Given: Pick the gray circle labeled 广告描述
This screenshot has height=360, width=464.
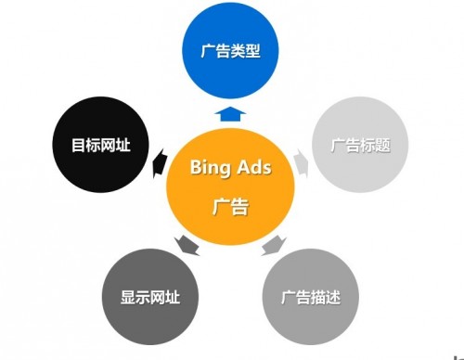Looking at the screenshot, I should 311,298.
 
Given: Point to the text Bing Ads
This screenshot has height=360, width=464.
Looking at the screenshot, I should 230,168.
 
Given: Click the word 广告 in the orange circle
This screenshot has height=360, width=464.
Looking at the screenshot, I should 230,207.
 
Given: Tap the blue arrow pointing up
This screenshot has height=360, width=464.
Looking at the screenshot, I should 230,114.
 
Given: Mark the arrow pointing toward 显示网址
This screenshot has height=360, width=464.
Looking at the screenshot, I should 187,245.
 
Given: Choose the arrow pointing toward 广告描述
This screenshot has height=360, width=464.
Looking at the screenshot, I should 273,245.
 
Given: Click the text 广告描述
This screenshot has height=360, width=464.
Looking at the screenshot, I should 311,298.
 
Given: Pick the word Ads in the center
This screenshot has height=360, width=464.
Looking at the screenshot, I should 254,168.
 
